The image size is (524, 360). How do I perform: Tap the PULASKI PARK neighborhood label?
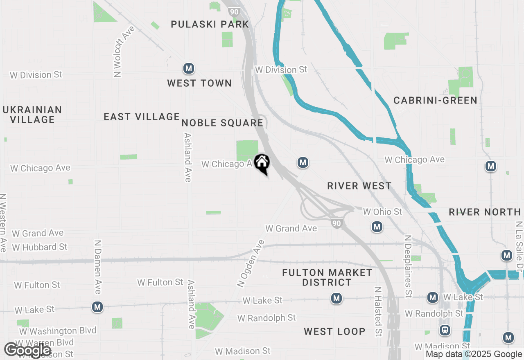coord(210,24)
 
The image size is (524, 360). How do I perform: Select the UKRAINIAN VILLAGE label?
coord(32,115)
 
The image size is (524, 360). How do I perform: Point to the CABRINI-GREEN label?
coord(435,100)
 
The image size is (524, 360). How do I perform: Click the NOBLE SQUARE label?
coord(222,123)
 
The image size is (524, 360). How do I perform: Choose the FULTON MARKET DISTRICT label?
coord(327,277)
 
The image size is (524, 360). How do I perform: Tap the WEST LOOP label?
coord(334,331)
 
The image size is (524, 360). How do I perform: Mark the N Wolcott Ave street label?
coord(119,52)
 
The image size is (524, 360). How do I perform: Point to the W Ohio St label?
coord(383,211)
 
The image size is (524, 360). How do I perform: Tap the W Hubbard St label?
coord(40,247)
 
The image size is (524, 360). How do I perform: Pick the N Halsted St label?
coord(378,311)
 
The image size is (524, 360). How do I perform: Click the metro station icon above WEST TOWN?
coord(189,68)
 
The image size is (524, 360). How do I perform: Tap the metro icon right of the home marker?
coord(303,163)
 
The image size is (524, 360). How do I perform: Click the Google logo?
coord(27,350)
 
